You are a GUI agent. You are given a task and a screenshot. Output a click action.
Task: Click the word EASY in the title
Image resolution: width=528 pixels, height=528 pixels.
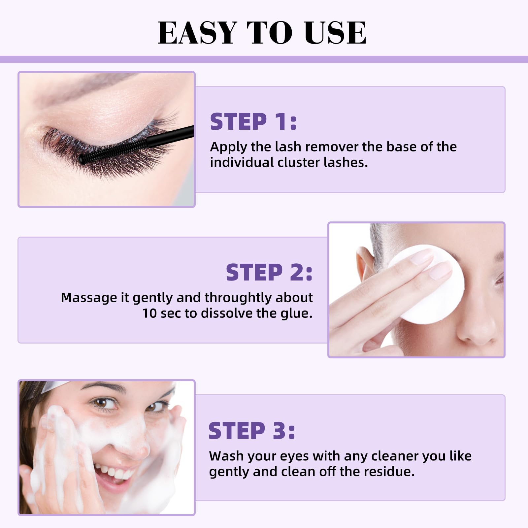click(x=197, y=32)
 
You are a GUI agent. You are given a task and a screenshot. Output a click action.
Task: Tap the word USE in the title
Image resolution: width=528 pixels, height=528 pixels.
click(x=335, y=32)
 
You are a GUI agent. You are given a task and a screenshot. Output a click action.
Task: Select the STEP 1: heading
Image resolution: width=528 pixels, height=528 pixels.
click(x=253, y=121)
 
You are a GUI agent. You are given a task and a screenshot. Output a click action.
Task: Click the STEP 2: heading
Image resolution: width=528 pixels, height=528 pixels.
click(x=269, y=272)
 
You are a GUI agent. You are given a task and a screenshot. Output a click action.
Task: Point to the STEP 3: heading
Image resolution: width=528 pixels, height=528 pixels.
click(x=252, y=431)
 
